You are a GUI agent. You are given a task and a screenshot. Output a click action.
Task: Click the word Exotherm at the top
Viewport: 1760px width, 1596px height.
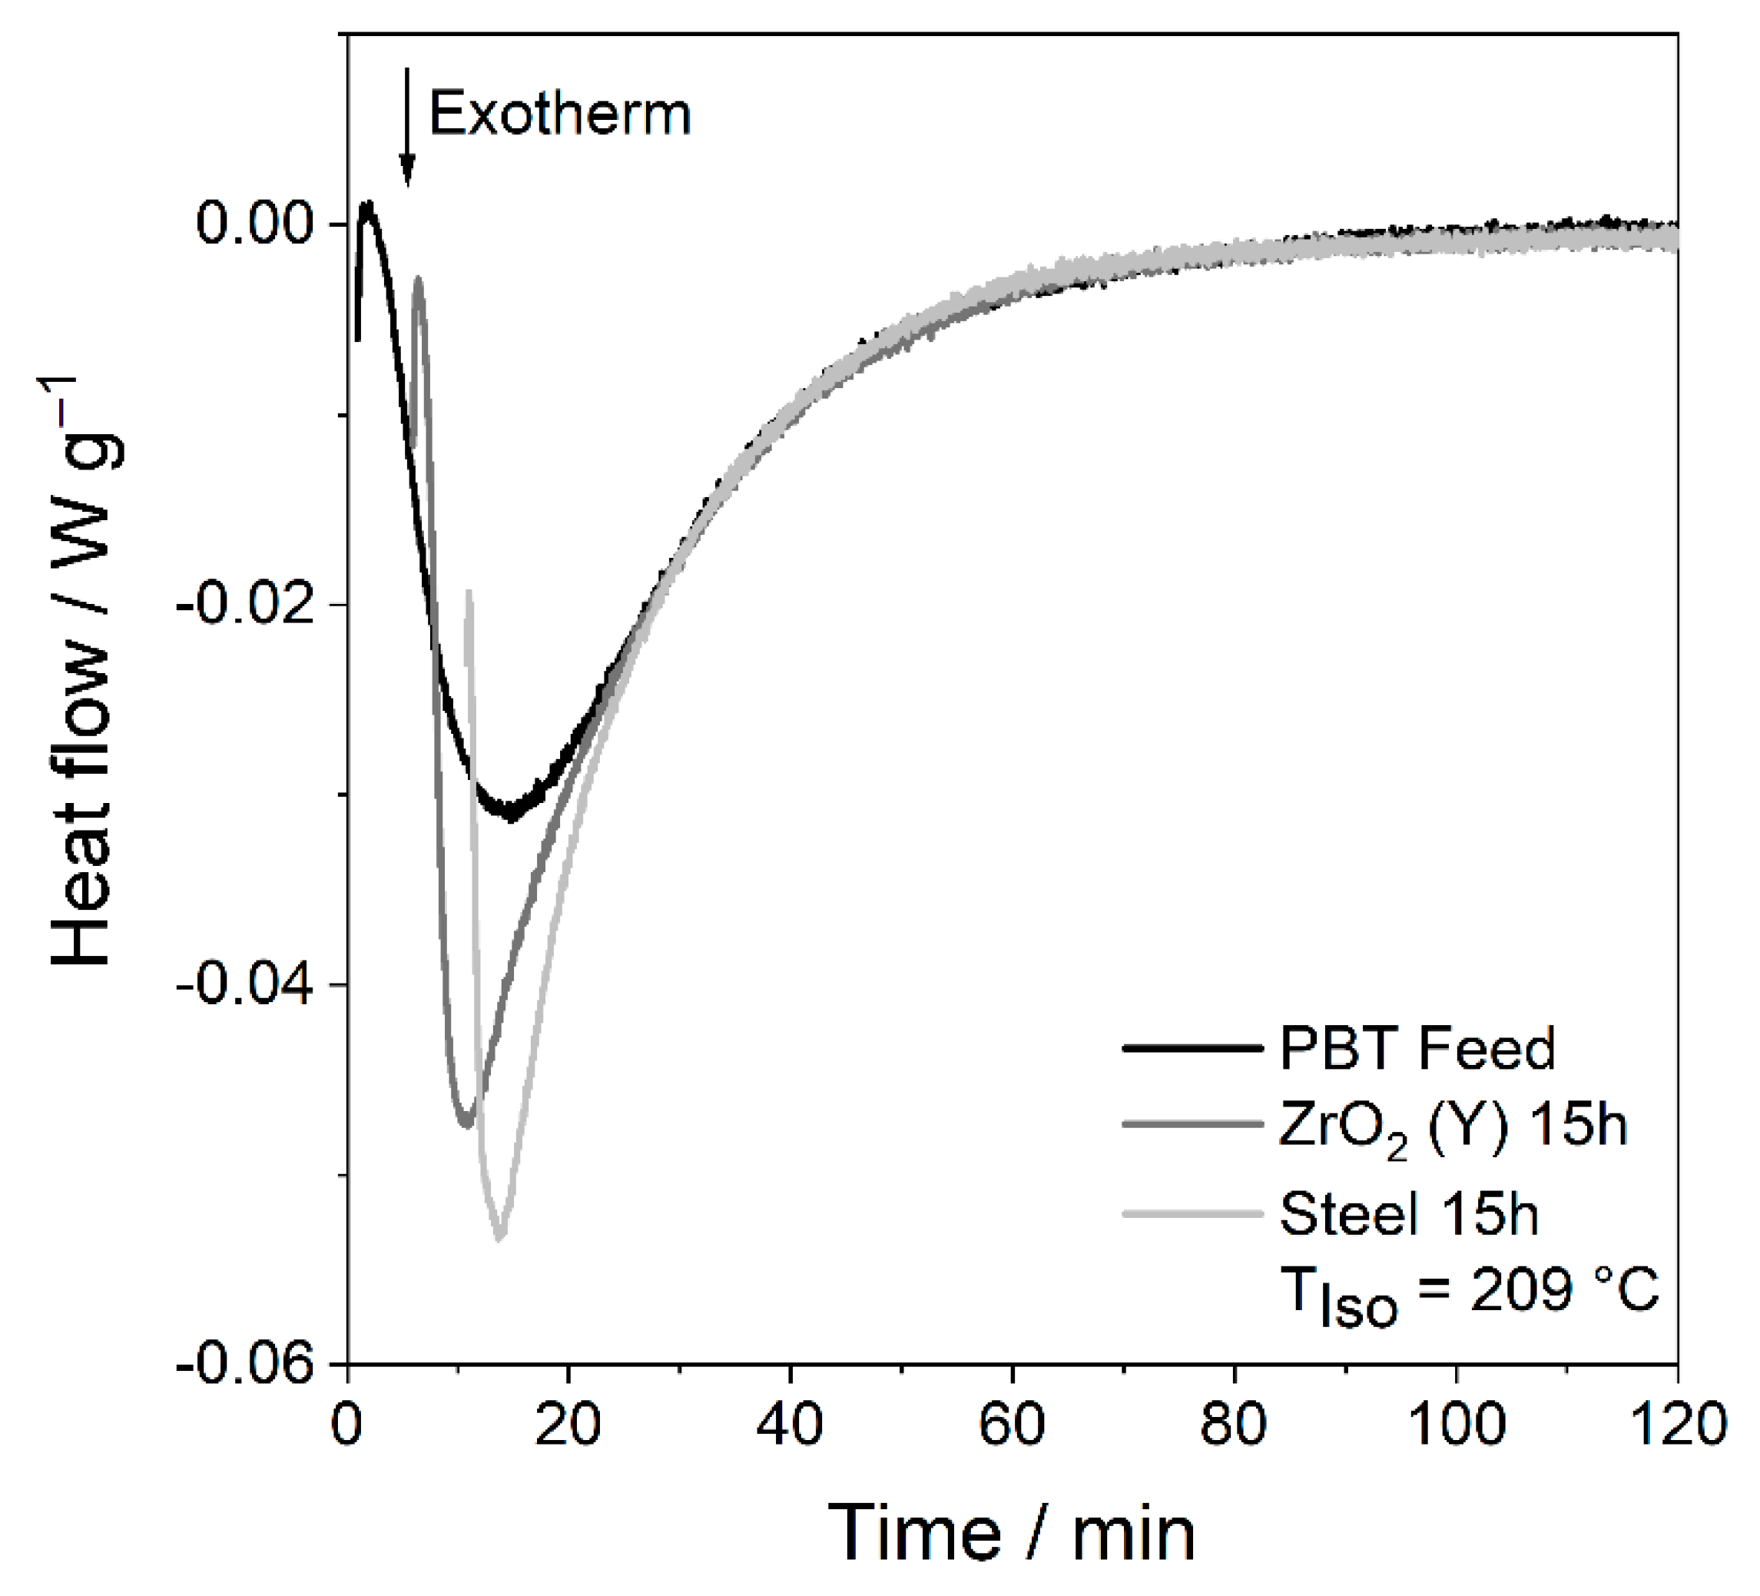point(559,115)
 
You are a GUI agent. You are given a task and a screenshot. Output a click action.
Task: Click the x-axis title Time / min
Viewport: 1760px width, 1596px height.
point(1012,1532)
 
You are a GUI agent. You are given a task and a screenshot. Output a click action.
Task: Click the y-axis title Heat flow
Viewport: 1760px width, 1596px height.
point(83,672)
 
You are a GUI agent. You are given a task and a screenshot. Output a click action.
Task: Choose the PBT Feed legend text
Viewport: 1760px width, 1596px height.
point(1417,1047)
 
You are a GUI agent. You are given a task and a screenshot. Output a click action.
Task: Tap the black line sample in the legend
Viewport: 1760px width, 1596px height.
point(1192,1047)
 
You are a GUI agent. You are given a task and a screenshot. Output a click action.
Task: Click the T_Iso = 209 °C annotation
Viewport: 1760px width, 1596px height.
point(1467,1293)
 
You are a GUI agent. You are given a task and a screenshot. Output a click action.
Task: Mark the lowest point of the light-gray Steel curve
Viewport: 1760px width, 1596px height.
point(499,1238)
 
